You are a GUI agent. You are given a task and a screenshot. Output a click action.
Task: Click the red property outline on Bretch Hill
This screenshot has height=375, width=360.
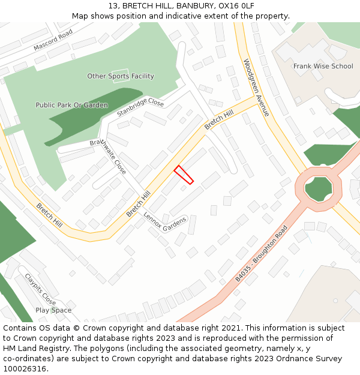click(184, 175)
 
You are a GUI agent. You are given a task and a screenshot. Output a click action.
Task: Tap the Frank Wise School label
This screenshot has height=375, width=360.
click(323, 67)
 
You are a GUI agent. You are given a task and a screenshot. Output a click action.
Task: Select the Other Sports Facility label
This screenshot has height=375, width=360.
click(121, 76)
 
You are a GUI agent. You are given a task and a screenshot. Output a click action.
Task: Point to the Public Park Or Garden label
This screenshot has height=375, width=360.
click(71, 105)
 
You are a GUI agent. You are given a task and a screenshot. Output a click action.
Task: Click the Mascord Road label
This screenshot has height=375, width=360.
click(53, 40)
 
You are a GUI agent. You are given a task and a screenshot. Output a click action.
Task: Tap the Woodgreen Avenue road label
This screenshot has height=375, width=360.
click(257, 88)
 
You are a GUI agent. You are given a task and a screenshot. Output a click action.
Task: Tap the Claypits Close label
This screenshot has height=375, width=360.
click(40, 289)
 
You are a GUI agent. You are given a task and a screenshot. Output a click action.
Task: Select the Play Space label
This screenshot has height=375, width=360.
click(53, 310)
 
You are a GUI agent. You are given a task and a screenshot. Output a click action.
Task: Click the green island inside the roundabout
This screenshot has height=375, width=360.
click(318, 189)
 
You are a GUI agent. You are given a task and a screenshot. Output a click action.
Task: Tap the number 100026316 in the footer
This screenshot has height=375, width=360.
click(25, 368)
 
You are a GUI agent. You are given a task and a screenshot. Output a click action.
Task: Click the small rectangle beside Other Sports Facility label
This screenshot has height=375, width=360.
click(120, 79)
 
